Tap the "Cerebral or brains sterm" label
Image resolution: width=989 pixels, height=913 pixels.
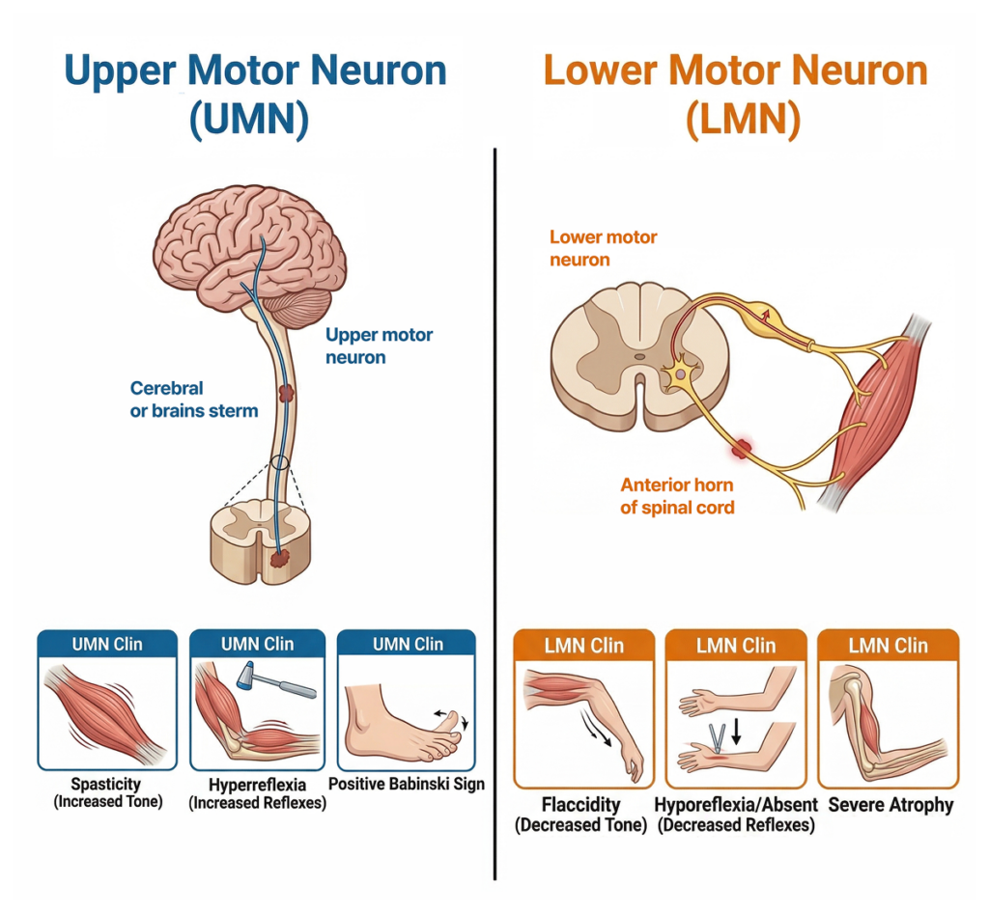tap(194, 399)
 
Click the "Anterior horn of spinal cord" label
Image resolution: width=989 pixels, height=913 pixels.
tap(676, 495)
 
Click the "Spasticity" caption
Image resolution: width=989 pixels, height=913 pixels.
tap(106, 784)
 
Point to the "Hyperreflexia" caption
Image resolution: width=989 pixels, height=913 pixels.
tap(257, 785)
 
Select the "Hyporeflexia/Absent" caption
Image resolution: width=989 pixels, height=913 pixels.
tap(736, 804)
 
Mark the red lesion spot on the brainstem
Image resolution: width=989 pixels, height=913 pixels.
tap(287, 393)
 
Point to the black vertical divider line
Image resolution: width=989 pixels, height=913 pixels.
tap(495, 512)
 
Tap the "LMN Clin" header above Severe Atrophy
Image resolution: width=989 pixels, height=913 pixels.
tap(888, 646)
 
